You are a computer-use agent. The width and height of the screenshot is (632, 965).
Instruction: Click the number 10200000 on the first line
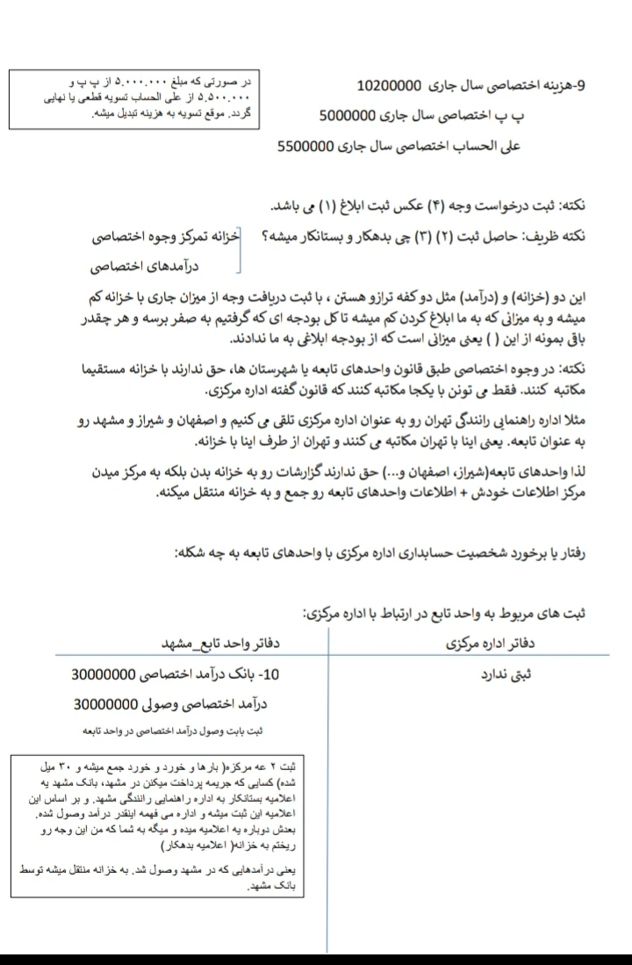point(391,86)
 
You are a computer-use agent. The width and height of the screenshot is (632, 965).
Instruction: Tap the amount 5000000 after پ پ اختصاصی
point(355,116)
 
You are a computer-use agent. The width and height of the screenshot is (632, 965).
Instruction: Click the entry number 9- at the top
point(588,86)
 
